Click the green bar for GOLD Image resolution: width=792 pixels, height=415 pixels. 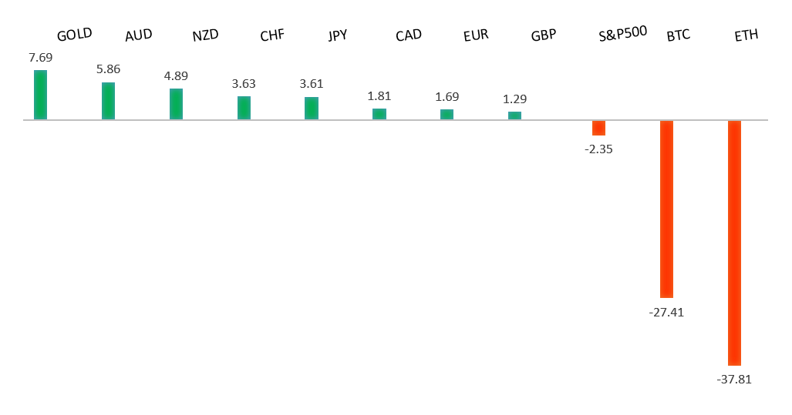pyautogui.click(x=40, y=95)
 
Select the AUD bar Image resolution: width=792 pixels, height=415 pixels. pyautogui.click(x=108, y=101)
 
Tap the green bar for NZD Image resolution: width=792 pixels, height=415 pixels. pyautogui.click(x=176, y=104)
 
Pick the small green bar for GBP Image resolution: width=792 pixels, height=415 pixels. pyautogui.click(x=514, y=115)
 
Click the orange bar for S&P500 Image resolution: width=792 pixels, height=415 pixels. pyautogui.click(x=598, y=128)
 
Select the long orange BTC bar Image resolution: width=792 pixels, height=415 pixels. pyautogui.click(x=666, y=209)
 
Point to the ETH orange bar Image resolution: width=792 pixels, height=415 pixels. pyautogui.click(x=734, y=243)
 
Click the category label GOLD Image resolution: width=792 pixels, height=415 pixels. pyautogui.click(x=75, y=34)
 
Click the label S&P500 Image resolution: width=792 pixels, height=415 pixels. pyautogui.click(x=622, y=33)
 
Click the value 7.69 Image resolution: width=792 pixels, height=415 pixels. pyautogui.click(x=40, y=58)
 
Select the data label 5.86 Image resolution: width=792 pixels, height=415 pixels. pyautogui.click(x=108, y=69)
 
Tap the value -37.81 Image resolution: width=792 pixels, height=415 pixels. pyautogui.click(x=733, y=379)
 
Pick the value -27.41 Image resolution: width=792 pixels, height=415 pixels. pyautogui.click(x=666, y=312)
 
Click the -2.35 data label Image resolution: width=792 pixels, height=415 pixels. pyautogui.click(x=598, y=149)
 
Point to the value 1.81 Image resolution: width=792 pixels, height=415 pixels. pyautogui.click(x=379, y=95)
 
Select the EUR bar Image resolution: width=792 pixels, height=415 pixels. pyautogui.click(x=447, y=114)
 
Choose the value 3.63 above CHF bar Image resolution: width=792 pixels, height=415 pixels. pyautogui.click(x=244, y=83)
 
